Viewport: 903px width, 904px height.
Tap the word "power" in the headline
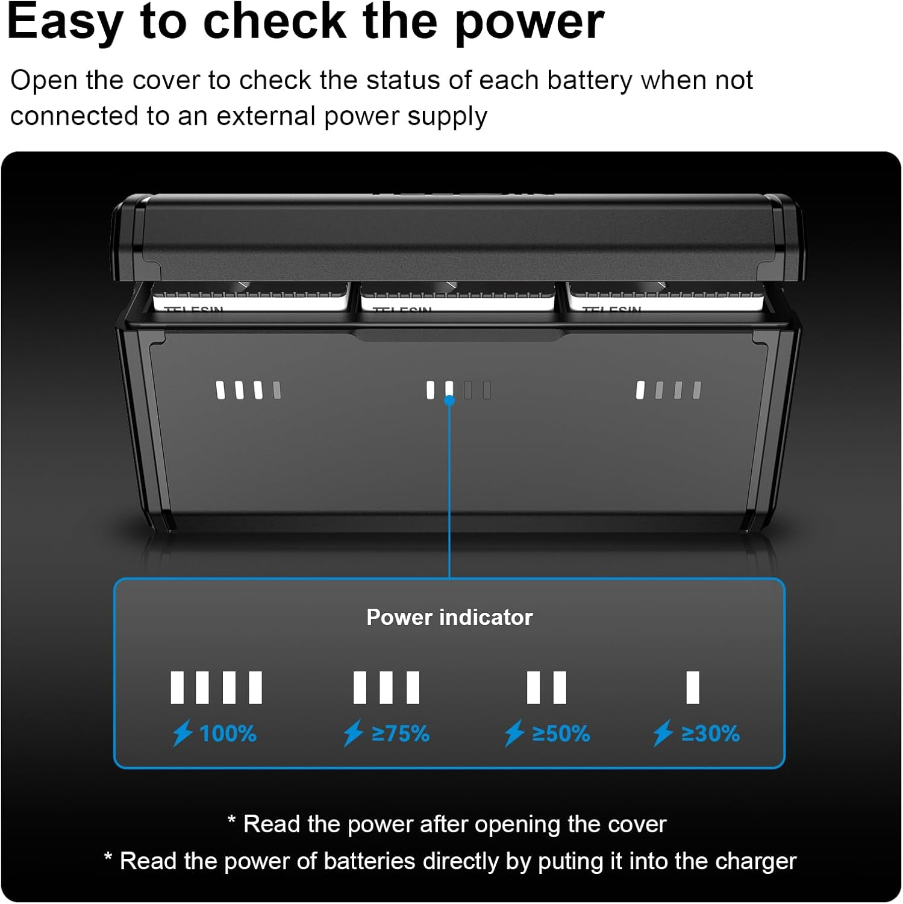(529, 23)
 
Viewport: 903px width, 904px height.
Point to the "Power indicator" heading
(449, 617)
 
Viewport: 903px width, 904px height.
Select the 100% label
(228, 733)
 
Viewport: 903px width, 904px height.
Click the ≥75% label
(400, 733)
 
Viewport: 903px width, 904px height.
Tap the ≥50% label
(561, 733)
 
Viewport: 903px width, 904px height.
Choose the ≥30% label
(710, 733)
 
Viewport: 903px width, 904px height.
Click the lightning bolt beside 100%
(183, 733)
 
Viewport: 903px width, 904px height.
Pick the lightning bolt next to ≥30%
(663, 733)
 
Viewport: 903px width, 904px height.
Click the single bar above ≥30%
(693, 688)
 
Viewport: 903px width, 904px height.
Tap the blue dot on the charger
(449, 400)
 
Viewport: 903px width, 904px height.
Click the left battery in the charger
(250, 298)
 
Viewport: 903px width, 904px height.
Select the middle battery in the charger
(458, 298)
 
